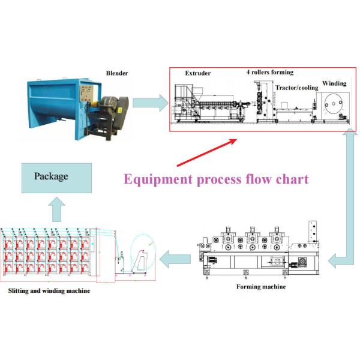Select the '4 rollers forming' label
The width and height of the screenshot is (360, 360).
point(270,73)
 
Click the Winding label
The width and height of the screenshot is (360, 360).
point(334,83)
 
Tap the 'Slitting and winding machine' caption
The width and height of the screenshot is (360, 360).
point(49,291)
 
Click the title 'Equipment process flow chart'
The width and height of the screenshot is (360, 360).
point(216,179)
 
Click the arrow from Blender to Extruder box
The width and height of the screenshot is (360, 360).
point(148,103)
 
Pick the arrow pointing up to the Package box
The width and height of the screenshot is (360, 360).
point(56,209)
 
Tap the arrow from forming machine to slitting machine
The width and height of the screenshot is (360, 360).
point(175,260)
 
